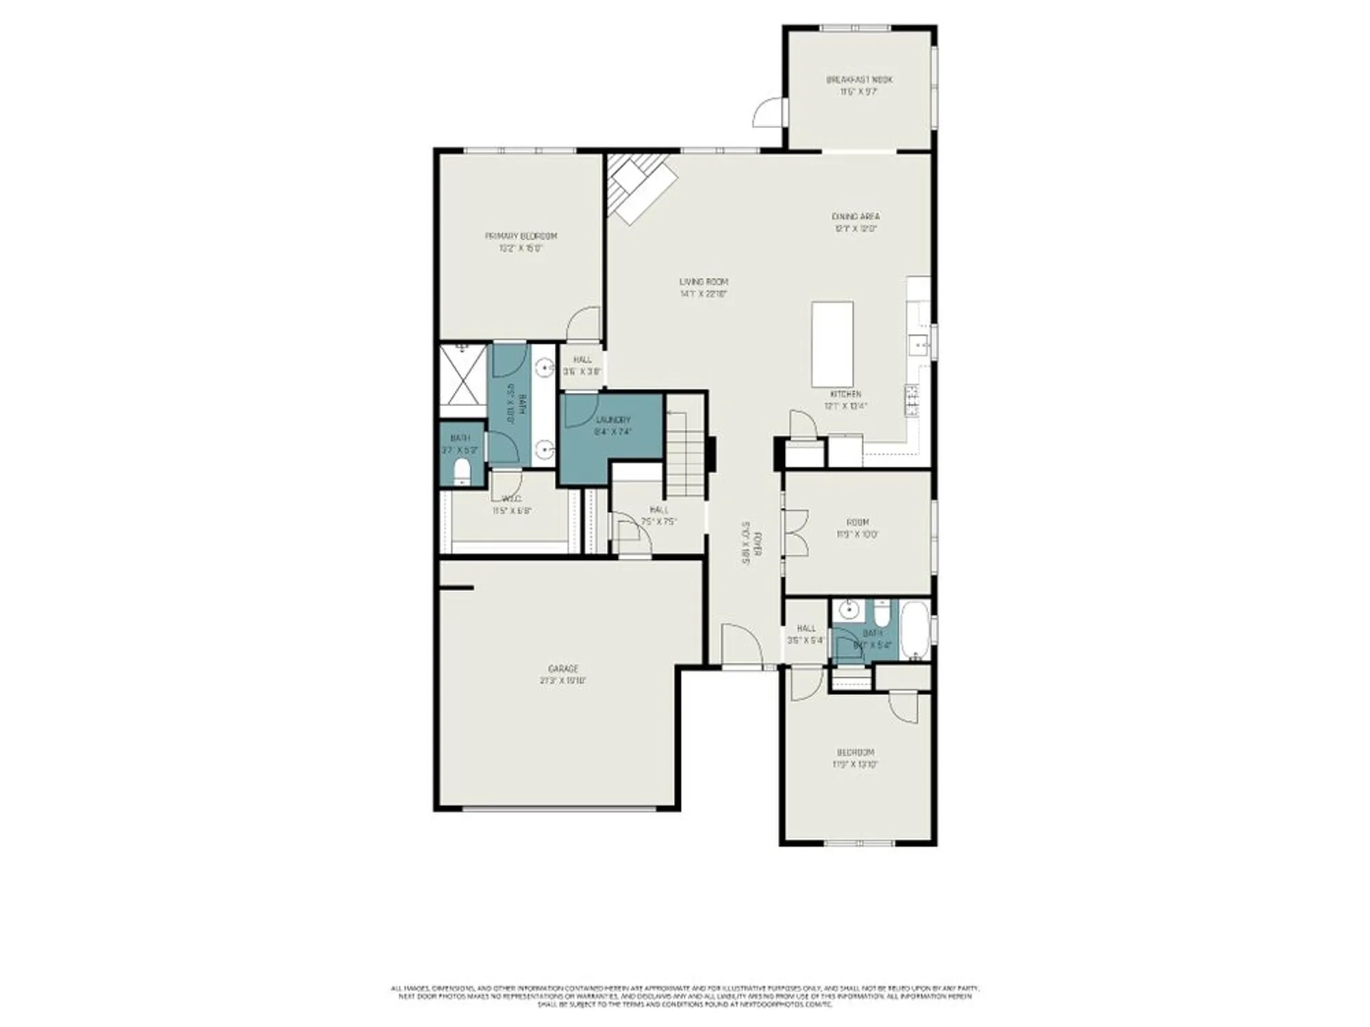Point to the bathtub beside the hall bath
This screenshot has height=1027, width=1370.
coord(914,630)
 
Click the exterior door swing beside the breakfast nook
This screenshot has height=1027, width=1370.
coord(769,114)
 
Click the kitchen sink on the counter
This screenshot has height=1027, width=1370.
coord(917,344)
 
